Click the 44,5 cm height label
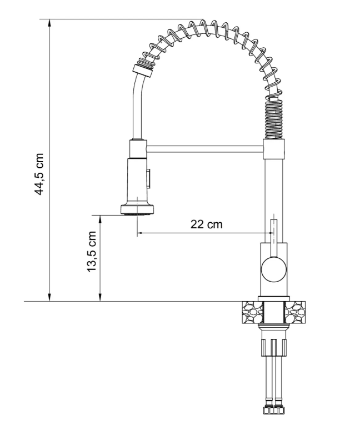coord(39,173)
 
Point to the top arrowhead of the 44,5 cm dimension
coord(50,23)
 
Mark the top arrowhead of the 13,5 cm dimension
coord(100,218)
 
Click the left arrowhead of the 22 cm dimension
coord(140,233)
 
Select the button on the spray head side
coord(148,179)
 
